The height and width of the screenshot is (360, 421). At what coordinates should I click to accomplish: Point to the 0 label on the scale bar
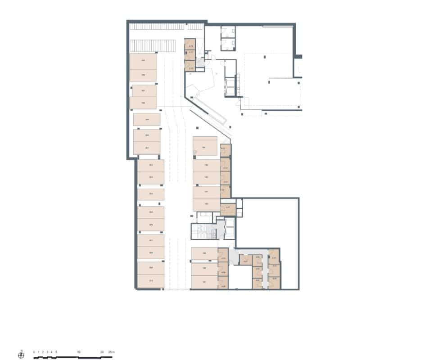[x=34, y=351]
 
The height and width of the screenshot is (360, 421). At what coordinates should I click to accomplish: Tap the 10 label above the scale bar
[x=78, y=351]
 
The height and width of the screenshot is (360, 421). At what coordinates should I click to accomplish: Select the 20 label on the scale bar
[x=102, y=351]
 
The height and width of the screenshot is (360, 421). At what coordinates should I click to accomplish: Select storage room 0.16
[x=191, y=46]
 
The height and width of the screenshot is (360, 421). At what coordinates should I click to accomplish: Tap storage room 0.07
[x=246, y=260]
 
